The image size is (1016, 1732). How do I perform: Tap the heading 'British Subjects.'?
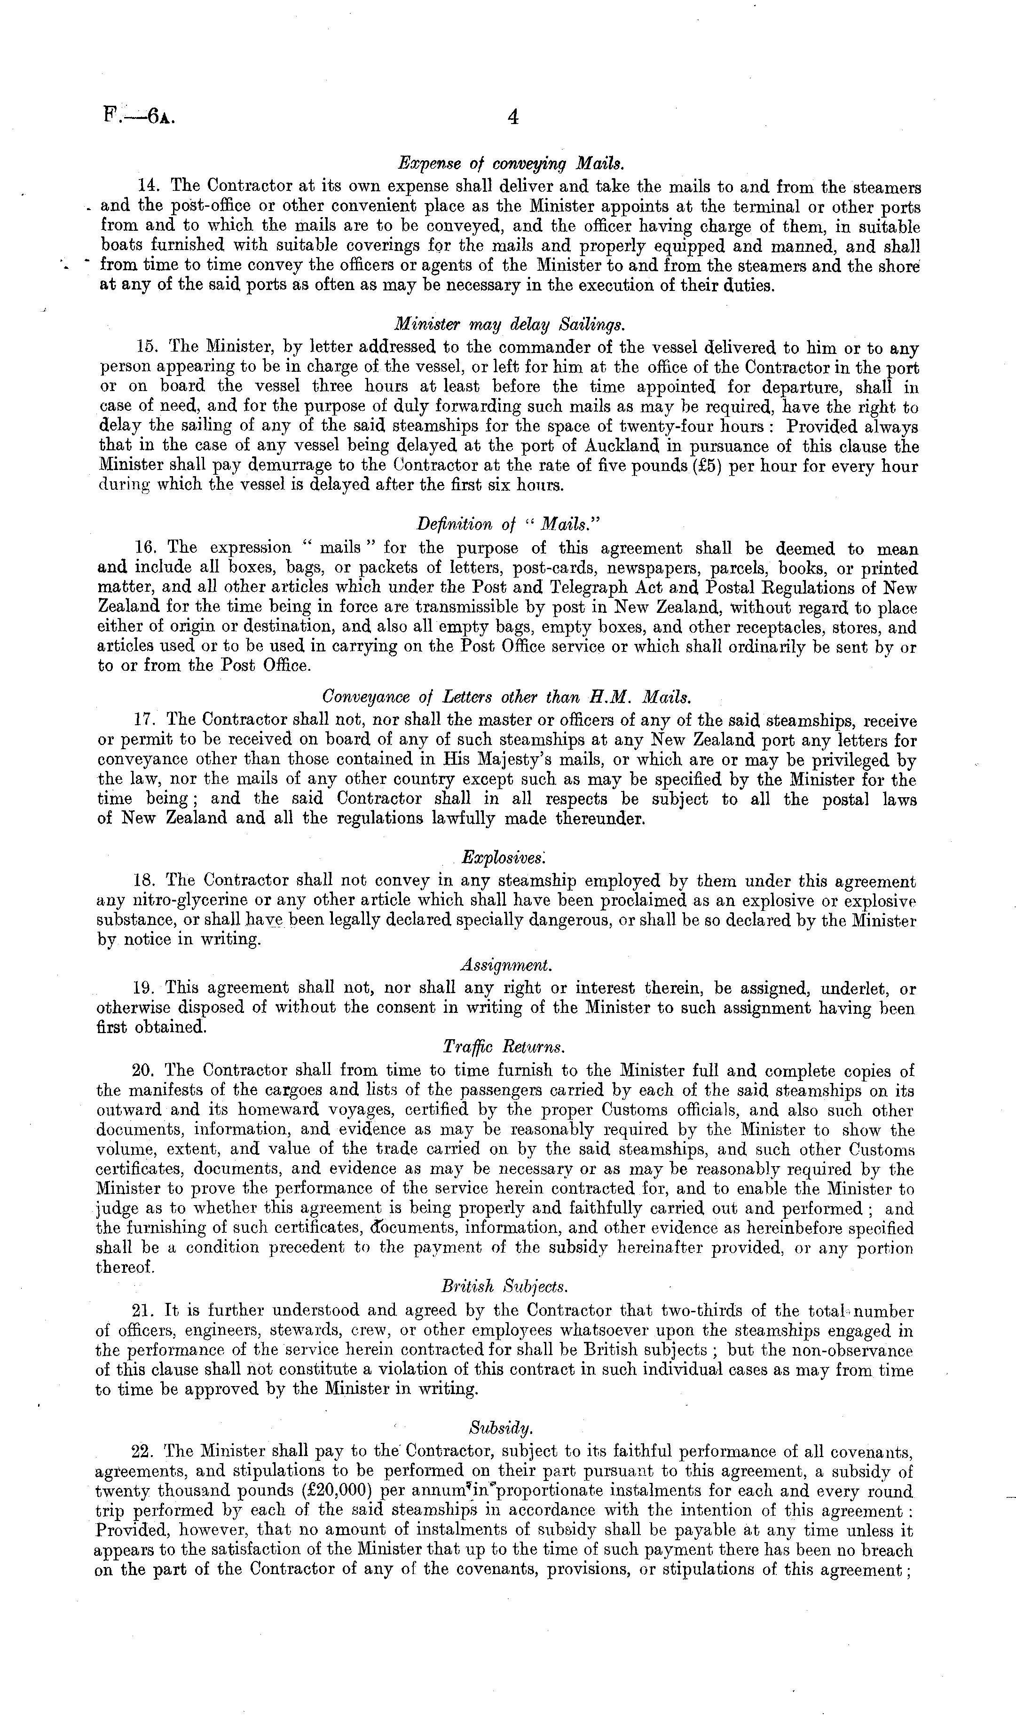(x=504, y=1285)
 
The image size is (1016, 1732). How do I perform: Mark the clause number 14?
(x=149, y=186)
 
